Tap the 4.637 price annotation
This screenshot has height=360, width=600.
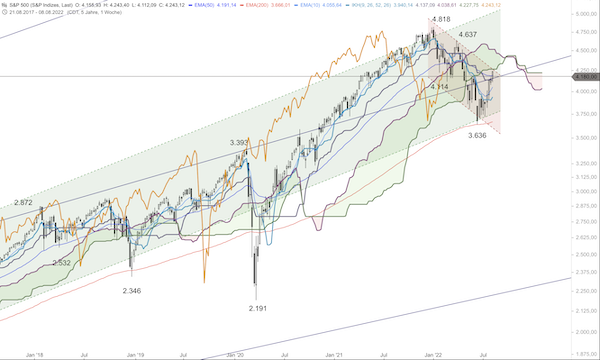coord(468,35)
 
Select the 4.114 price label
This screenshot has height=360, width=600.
coord(439,88)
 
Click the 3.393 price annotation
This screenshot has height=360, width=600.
coord(240,143)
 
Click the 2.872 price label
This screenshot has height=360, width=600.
coord(25,203)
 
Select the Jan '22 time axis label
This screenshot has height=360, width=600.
coord(432,354)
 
